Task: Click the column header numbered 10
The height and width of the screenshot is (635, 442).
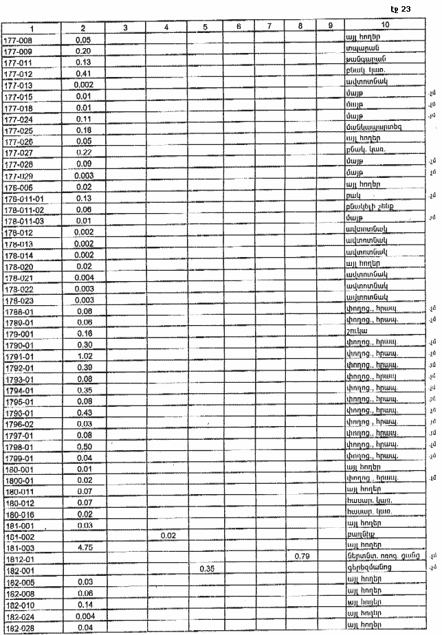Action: (384, 27)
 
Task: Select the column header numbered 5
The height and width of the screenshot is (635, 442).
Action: (206, 27)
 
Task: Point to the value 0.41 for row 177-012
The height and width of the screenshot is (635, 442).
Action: (84, 73)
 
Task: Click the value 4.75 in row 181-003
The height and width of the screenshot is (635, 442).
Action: (84, 548)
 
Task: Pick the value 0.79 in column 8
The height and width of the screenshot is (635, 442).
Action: (300, 555)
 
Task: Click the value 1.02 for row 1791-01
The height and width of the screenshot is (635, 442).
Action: (84, 356)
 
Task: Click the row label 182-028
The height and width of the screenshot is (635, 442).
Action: (16, 626)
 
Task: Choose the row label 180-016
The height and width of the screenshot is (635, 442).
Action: (16, 513)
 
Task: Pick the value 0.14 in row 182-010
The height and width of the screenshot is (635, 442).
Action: (84, 604)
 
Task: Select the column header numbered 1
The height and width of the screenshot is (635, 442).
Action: (31, 27)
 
